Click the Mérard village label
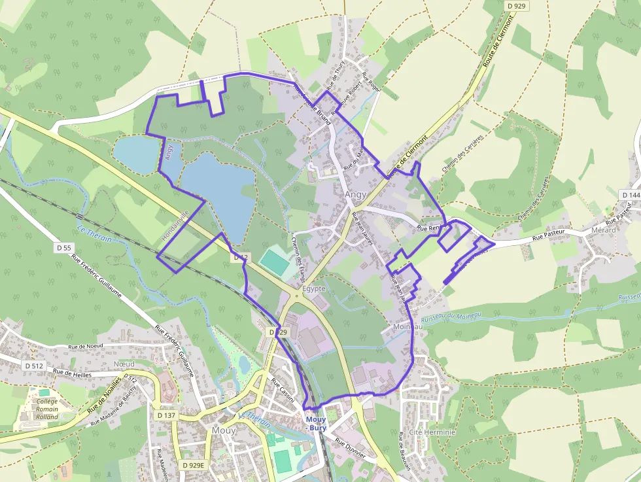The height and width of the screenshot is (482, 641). tap(603, 230)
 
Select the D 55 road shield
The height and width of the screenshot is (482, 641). tap(63, 248)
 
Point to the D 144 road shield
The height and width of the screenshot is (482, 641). tap(631, 195)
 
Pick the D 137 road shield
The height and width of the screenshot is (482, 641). tap(167, 415)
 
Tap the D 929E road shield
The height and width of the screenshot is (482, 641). tap(193, 465)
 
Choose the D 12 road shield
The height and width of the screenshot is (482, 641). tap(241, 258)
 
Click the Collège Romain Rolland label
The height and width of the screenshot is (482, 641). tap(47, 409)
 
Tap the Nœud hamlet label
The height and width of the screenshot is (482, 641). tap(124, 364)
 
